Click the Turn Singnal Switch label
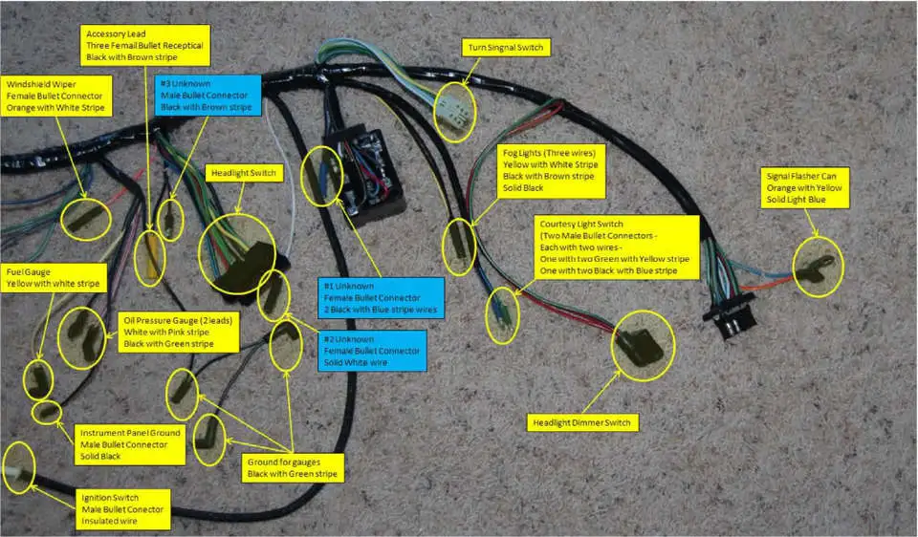tap(506, 48)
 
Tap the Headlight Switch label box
tap(244, 173)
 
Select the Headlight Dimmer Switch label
tap(581, 423)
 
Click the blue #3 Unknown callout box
tap(208, 96)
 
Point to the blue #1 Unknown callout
tap(381, 298)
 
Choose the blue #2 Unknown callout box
tap(372, 351)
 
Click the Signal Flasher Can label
tap(804, 188)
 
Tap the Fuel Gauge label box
tap(54, 278)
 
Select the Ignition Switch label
tap(123, 509)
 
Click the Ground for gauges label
tap(293, 468)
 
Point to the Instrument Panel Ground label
tap(130, 444)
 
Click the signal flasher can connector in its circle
tap(815, 267)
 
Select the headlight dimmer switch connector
tap(640, 347)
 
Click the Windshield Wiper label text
tap(41, 84)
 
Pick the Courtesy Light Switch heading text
tap(581, 224)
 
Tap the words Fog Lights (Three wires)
tap(549, 153)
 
